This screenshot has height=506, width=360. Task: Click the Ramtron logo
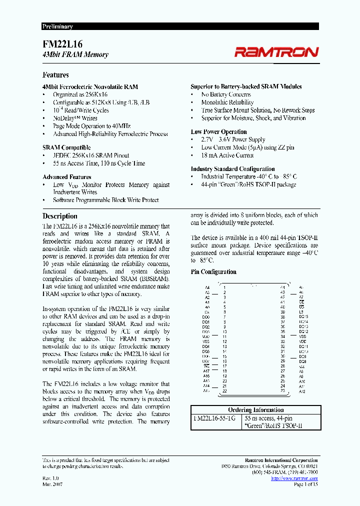coord(276,52)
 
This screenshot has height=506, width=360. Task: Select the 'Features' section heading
coord(55,75)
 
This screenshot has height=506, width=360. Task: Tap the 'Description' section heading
coord(59,216)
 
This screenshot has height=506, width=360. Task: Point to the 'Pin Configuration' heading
coord(213,272)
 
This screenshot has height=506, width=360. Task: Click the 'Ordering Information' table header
coord(255,409)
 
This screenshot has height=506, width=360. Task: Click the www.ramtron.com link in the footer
coord(294,478)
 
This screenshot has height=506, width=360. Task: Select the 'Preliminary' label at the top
coord(57,26)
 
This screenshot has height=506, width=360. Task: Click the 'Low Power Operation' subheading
coord(218,132)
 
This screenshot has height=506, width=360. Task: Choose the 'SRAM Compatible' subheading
coord(66,147)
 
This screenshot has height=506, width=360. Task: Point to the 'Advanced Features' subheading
coord(66,177)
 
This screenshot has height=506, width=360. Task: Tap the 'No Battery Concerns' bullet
coord(226,94)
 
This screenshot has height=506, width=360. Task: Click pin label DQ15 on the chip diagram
coord(303,316)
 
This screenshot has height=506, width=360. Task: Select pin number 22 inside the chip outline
coord(224,391)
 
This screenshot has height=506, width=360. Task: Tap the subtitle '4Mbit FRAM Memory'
coord(75,54)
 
